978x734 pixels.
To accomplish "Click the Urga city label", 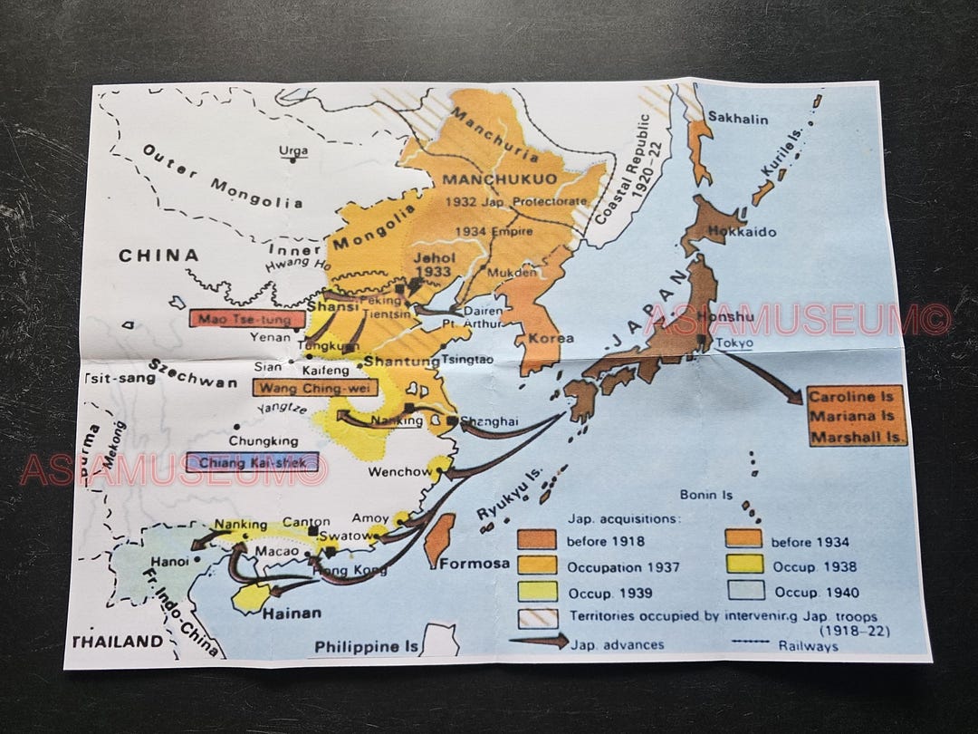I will coord(292,150).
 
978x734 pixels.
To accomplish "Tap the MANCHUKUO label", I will coord(500,179).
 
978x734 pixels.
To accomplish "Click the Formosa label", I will coord(475,563).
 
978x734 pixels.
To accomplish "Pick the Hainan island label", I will coord(292,613).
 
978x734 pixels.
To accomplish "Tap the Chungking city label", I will coord(263,441).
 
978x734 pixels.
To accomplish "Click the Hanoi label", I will coord(145,560).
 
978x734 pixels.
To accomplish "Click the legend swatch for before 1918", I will coord(536,540).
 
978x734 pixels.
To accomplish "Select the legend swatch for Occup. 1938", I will coord(743,566).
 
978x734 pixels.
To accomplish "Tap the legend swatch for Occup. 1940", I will coord(743,592).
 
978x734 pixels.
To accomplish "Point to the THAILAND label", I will coord(118,642).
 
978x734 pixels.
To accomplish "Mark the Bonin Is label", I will coord(706,495).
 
